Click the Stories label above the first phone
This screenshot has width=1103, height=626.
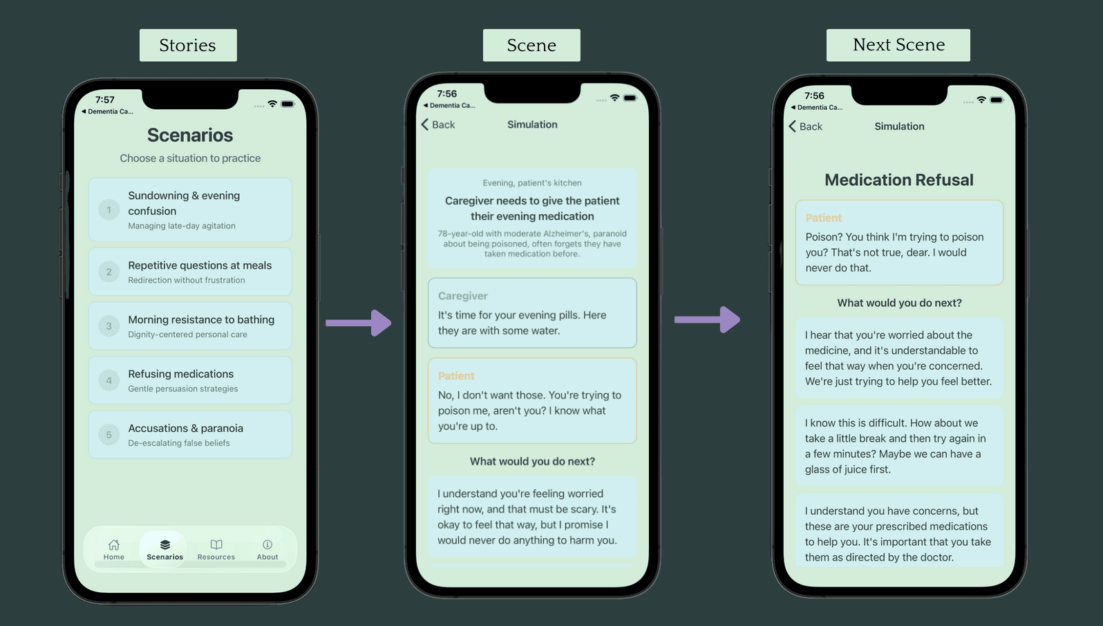187,46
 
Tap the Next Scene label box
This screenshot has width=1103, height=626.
898,45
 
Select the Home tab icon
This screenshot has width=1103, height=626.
114,544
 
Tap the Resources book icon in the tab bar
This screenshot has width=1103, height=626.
216,544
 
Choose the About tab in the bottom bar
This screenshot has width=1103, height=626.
267,549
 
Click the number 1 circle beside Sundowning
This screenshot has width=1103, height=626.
109,209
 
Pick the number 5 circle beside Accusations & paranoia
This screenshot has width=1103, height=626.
109,435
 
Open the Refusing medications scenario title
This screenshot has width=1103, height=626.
180,374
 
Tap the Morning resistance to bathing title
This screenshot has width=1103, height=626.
201,320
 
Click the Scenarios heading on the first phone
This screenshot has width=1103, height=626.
190,135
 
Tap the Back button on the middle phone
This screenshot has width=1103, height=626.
437,124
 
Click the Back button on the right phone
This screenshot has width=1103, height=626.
805,126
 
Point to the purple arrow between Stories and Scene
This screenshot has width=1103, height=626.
359,323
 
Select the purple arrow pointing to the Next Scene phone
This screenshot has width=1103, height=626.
707,320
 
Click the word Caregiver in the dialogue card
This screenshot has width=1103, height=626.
463,296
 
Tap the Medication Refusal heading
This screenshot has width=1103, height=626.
899,180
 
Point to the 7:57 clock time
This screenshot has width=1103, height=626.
105,99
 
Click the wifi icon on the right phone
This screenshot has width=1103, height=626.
981,100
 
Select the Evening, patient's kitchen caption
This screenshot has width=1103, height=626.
532,183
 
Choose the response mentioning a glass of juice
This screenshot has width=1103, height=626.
899,446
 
